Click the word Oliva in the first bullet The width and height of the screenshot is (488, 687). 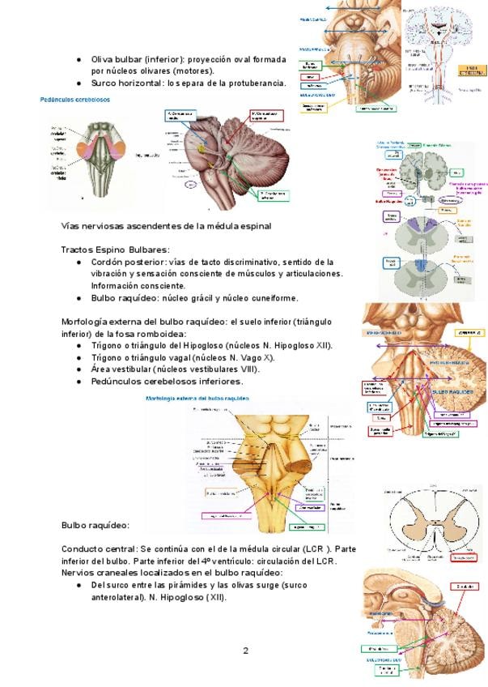(x=104, y=59)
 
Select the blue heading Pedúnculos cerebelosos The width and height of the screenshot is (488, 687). (x=75, y=100)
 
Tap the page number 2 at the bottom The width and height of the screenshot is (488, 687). (x=245, y=651)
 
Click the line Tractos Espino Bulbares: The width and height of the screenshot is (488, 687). (x=115, y=249)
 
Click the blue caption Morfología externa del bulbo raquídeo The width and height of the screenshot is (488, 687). (x=197, y=399)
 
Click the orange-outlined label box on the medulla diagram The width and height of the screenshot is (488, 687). (x=221, y=491)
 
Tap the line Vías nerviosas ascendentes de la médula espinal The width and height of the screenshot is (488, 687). (x=166, y=225)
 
